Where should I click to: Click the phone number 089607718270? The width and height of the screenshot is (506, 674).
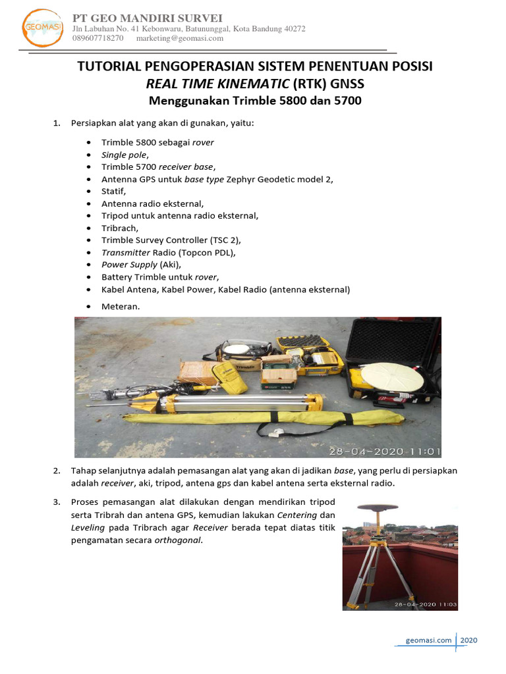[98, 38]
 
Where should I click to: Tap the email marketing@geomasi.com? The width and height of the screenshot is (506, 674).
[179, 38]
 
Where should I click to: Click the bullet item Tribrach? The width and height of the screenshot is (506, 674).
[120, 228]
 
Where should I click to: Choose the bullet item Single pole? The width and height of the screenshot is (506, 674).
[123, 154]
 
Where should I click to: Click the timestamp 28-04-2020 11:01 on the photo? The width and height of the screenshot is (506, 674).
[384, 452]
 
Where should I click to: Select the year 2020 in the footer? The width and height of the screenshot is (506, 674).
[468, 640]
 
